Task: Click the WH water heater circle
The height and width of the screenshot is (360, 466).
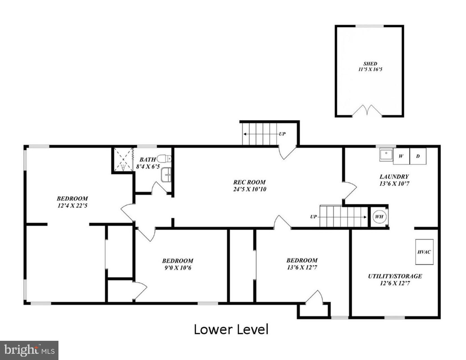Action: coord(379,217)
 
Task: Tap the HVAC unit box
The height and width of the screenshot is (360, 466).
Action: coord(424,252)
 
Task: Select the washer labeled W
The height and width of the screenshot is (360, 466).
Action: coord(401,156)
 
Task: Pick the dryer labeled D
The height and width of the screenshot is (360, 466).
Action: coord(418,156)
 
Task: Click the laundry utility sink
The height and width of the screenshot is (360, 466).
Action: coord(386,155)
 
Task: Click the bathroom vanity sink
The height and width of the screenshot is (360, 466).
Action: coord(166,175)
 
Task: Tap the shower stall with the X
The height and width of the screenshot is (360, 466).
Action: coord(123,160)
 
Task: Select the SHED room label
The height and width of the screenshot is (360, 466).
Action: coord(370,64)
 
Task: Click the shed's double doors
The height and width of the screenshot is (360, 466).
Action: coord(367,111)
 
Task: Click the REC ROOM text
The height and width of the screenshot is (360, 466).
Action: coord(249,182)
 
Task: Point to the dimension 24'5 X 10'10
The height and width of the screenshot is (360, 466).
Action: coord(249,189)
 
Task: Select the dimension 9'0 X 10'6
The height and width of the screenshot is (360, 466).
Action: coord(178,268)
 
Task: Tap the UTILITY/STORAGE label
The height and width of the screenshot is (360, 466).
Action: coord(395,276)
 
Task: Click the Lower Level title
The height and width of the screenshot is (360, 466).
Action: coord(231,330)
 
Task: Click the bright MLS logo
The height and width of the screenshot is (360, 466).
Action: coord(29,350)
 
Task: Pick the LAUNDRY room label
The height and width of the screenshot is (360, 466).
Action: coord(394,177)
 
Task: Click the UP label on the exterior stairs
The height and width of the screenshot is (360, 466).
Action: coord(282,134)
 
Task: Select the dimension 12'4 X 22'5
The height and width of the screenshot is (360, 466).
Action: coord(72,206)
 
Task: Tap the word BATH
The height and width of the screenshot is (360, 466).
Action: coord(147,160)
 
